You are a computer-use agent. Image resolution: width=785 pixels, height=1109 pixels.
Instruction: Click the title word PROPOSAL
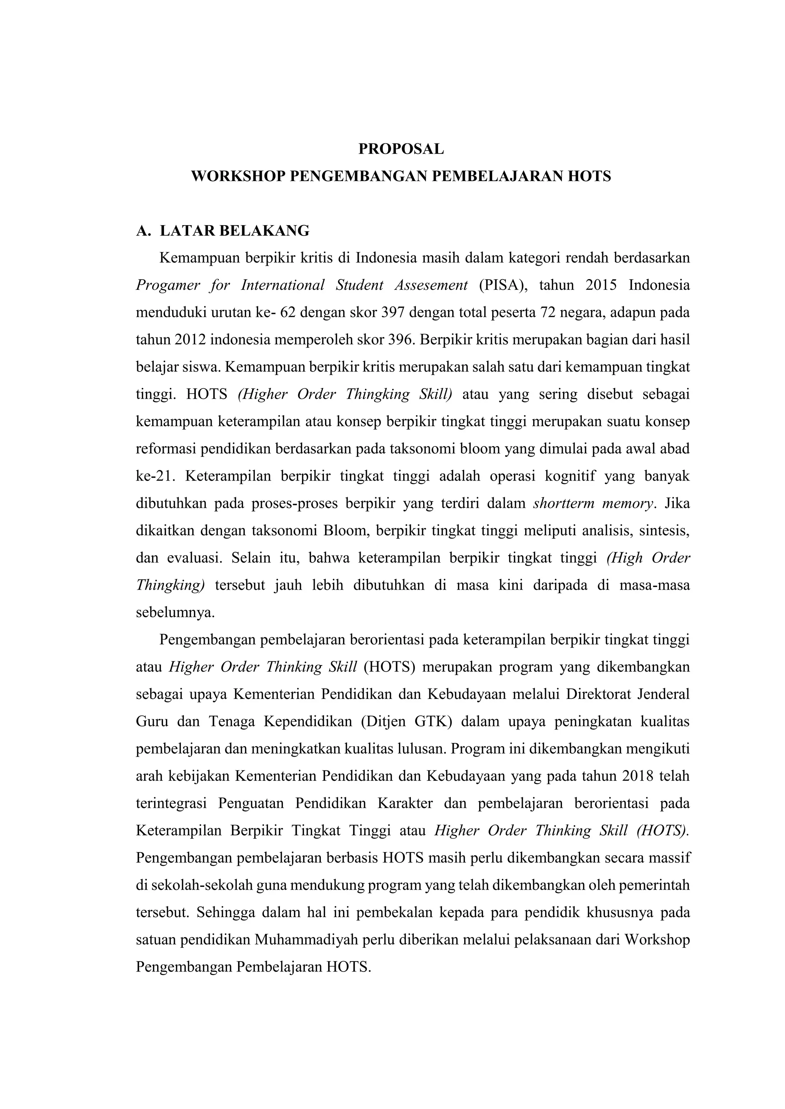point(401,149)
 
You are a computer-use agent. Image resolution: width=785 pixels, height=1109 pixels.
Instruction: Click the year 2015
point(601,285)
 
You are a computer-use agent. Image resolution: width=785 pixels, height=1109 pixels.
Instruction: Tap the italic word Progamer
point(168,285)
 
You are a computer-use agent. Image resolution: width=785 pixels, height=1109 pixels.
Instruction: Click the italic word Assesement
point(431,285)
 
